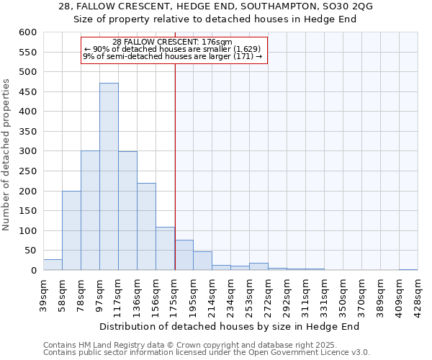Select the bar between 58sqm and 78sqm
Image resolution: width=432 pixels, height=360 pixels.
(x=71, y=230)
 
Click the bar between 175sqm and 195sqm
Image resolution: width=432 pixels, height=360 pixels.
(x=184, y=255)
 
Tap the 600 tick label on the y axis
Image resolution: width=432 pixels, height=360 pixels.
(x=27, y=32)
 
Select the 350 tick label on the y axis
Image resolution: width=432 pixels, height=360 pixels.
(x=27, y=132)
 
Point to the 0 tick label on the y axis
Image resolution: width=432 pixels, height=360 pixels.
(x=33, y=271)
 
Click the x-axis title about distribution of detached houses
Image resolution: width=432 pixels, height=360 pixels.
(x=229, y=326)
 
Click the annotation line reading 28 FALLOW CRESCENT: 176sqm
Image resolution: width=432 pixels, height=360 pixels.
(x=173, y=42)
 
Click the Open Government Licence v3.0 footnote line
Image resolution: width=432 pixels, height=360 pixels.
(x=207, y=352)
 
